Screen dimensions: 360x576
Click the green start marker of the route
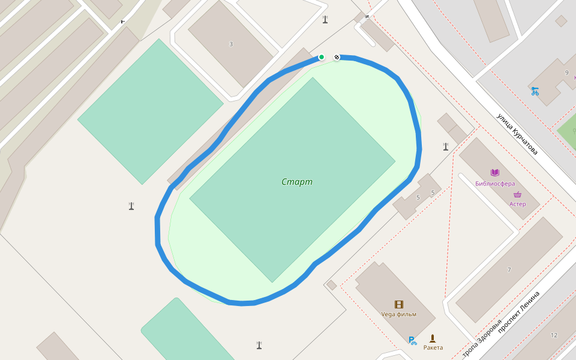click(322, 57)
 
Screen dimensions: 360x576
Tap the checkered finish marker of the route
click(337, 57)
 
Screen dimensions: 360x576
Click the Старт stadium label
click(297, 182)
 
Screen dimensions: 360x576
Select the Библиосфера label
click(495, 184)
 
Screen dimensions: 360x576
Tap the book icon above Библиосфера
click(495, 173)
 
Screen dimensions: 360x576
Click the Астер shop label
click(517, 204)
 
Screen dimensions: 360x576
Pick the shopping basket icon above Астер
click(517, 194)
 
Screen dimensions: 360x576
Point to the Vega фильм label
click(398, 314)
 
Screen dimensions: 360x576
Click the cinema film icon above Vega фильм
click(398, 305)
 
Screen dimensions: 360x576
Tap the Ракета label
click(433, 347)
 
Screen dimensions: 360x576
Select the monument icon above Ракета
click(433, 338)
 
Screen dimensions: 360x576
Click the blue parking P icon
click(412, 341)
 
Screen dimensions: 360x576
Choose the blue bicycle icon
click(535, 91)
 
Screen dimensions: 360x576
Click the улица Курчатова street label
click(517, 134)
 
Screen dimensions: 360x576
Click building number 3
click(231, 44)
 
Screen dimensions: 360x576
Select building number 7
click(509, 270)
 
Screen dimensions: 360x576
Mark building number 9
click(566, 73)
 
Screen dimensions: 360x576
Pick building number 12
click(553, 335)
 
